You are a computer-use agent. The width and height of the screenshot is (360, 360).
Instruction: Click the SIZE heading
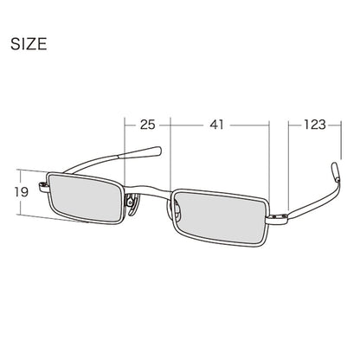29,44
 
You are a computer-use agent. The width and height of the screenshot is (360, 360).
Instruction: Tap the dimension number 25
148,125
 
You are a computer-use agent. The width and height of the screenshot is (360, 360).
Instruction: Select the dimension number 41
216,125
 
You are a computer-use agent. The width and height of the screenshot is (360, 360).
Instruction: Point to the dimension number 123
314,125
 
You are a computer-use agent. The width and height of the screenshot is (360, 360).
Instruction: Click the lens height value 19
22,192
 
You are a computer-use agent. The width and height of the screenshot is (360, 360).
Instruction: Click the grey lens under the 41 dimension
221,216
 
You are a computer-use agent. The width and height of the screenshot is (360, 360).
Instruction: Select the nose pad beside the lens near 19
132,204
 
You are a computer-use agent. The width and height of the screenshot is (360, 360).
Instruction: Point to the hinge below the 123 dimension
278,216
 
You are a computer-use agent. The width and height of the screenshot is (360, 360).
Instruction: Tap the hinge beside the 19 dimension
43,186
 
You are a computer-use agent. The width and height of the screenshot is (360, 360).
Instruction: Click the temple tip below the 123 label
336,172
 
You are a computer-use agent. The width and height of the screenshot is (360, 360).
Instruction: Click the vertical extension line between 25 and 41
170,154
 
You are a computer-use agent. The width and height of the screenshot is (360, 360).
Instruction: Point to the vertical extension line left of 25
125,152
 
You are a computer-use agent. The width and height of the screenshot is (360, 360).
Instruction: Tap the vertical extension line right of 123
341,138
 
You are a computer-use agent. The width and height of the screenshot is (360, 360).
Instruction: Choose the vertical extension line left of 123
288,164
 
